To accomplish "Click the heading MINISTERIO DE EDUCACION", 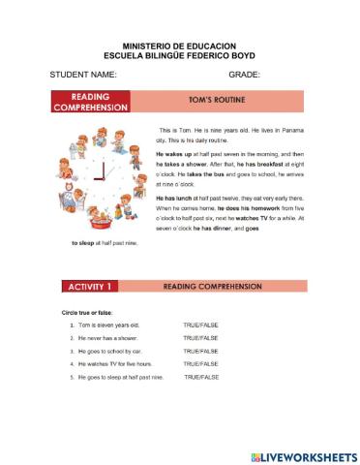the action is click(x=180, y=45).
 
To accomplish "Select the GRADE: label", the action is click(x=245, y=75).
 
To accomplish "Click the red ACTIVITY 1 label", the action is click(x=91, y=287).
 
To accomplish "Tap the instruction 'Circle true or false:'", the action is click(x=84, y=312).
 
